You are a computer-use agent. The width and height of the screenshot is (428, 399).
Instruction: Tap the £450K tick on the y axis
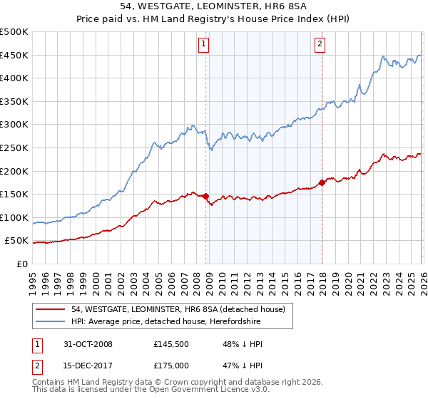(x=14, y=56)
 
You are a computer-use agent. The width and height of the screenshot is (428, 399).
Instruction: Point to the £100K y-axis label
(x=14, y=217)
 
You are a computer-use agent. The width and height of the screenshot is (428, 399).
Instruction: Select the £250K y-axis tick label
(x=14, y=148)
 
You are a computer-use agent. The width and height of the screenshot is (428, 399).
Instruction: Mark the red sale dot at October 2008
(x=206, y=196)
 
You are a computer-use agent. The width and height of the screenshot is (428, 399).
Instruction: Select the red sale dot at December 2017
(x=322, y=182)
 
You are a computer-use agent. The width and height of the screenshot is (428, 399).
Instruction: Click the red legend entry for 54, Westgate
(x=178, y=309)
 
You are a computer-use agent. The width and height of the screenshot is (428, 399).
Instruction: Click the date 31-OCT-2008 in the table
(x=86, y=344)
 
